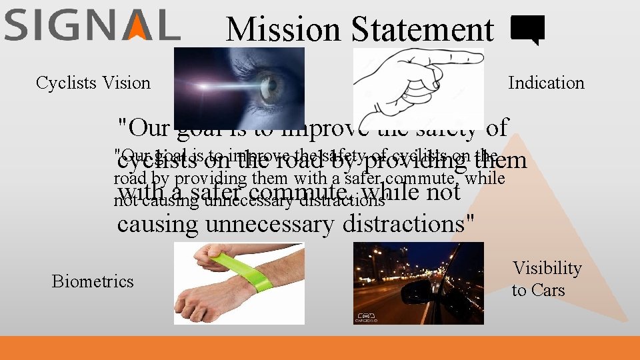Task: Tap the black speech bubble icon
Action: [527, 30]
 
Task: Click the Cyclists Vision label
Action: [93, 83]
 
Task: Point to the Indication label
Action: [546, 83]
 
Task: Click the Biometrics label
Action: [93, 281]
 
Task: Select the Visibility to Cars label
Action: [547, 279]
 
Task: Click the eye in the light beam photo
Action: [269, 87]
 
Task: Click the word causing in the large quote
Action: [157, 224]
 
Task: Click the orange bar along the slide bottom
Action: [320, 348]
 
